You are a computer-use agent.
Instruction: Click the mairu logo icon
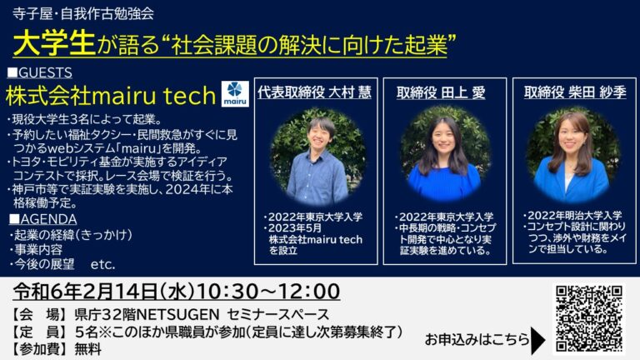235,93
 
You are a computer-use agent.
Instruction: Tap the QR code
589,319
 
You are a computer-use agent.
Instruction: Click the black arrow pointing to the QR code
538,340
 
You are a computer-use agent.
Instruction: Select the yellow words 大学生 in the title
54,43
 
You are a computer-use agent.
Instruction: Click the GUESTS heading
40,72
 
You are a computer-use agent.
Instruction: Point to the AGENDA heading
42,219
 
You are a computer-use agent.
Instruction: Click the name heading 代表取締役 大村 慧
315,92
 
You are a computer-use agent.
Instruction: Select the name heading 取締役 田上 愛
441,92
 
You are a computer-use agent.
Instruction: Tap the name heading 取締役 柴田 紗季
575,92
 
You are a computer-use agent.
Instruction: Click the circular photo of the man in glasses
317,157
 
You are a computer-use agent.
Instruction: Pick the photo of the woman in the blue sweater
446,154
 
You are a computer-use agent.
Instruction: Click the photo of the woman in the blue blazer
573,155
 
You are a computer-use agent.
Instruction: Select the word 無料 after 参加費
87,349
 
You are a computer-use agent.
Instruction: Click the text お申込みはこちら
477,340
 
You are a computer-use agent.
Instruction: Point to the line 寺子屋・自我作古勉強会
83,14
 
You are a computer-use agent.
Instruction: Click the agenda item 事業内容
38,249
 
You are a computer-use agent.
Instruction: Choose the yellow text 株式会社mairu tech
111,96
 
